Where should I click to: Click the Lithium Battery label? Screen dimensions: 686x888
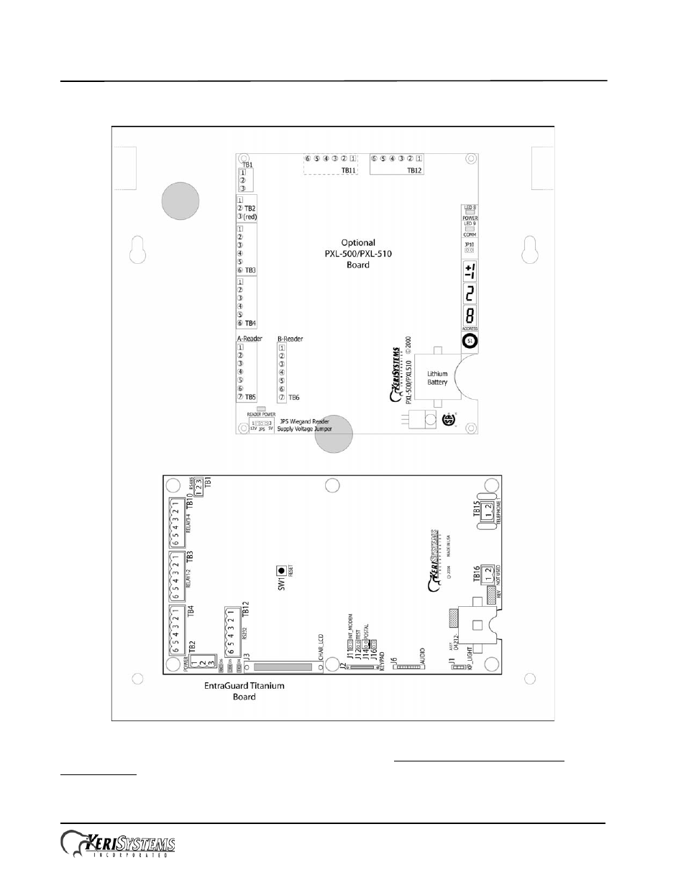[x=437, y=377]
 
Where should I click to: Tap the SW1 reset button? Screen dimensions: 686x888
[x=281, y=572]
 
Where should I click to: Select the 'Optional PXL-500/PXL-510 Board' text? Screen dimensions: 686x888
[x=357, y=254]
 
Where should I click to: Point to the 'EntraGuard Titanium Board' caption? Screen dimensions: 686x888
[x=244, y=691]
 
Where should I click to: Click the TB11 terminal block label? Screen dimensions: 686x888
[x=348, y=170]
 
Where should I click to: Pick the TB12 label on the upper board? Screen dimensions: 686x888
[x=414, y=170]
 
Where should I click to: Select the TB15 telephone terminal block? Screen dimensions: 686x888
[x=488, y=514]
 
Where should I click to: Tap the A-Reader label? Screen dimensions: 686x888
[x=250, y=339]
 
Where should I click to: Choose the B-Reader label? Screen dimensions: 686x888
[x=290, y=339]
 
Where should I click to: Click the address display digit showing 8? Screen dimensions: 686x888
[x=469, y=316]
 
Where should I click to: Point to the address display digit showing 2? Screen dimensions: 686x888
[x=469, y=293]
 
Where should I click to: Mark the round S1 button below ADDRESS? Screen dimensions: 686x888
[x=470, y=341]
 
